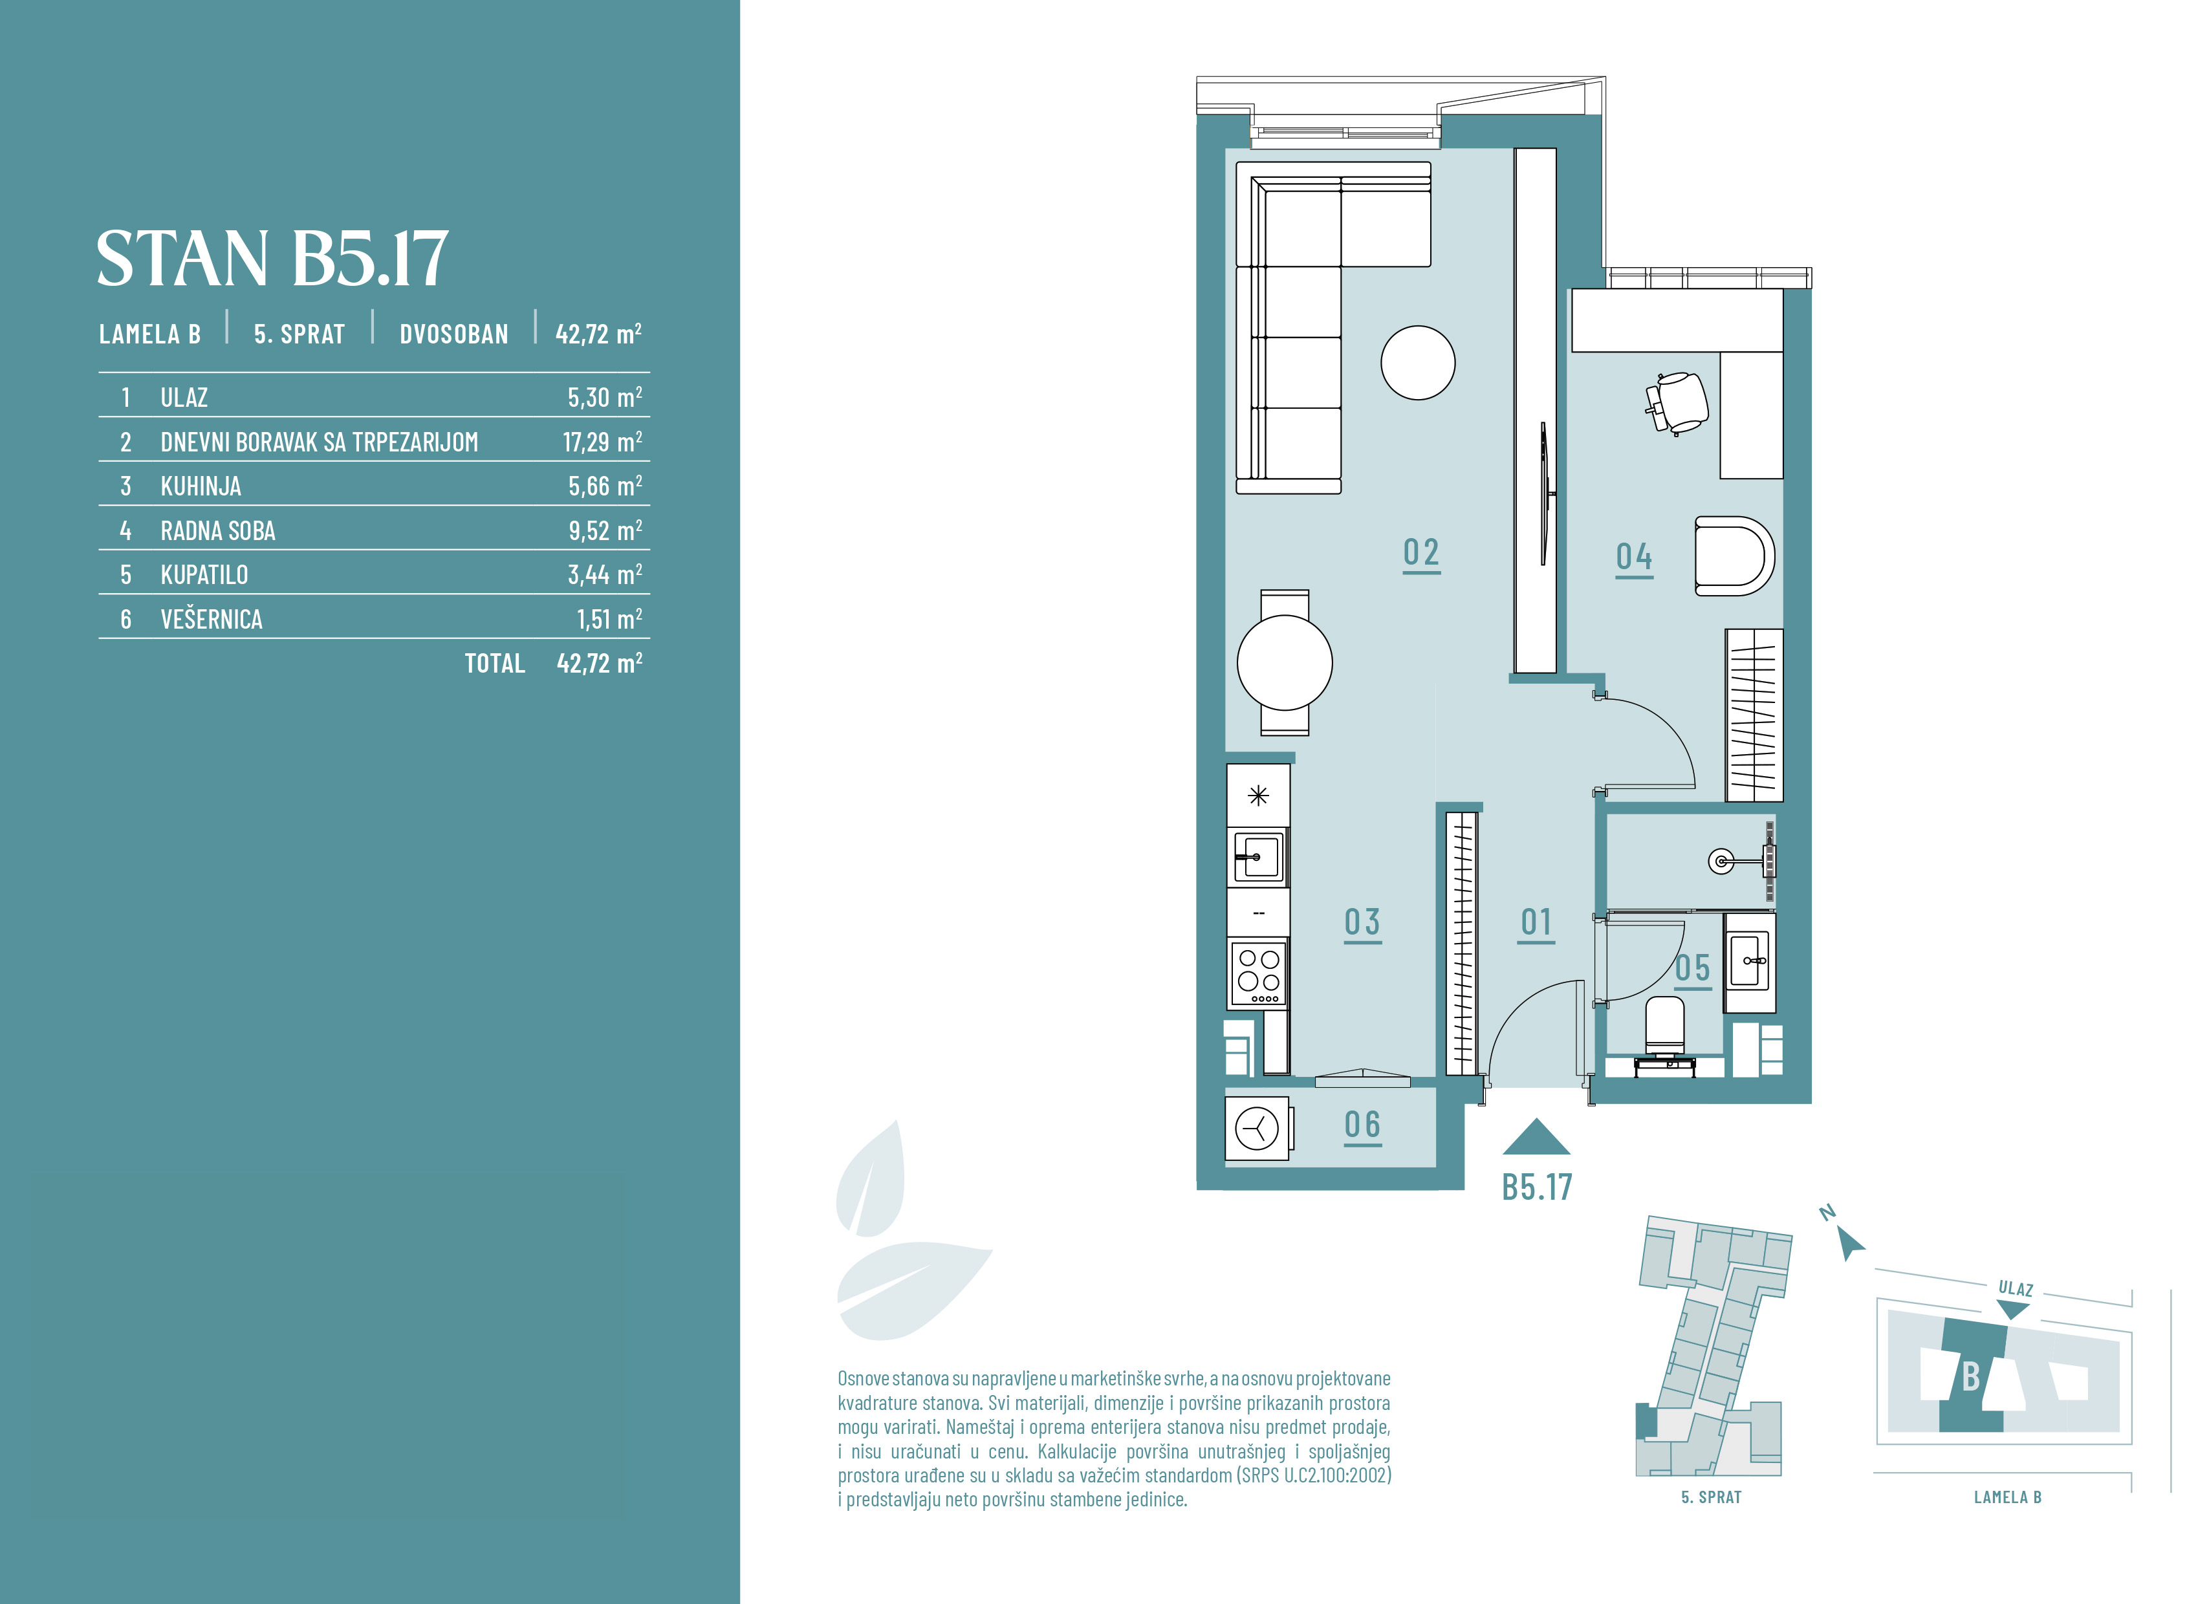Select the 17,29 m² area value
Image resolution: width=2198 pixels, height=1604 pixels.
click(x=602, y=442)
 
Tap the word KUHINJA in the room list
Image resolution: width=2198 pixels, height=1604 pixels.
click(x=201, y=486)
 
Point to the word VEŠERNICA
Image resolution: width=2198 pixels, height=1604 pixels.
click(x=212, y=620)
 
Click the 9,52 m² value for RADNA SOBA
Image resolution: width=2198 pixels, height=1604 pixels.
click(x=605, y=530)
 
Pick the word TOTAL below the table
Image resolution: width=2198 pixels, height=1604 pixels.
click(x=495, y=663)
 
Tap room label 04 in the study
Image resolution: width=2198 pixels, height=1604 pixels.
click(x=1634, y=558)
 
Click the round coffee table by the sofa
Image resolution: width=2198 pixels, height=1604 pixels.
click(x=1417, y=362)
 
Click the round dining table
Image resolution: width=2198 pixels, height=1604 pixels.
click(x=1285, y=663)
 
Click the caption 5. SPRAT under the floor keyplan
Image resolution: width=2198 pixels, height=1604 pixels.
click(x=1711, y=1497)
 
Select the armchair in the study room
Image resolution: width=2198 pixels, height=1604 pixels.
click(x=1734, y=556)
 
